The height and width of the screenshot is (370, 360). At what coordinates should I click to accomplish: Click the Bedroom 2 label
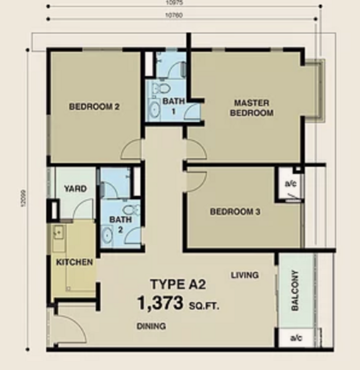[x=94, y=107]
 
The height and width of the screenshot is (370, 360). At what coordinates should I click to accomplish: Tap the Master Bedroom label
[x=252, y=108]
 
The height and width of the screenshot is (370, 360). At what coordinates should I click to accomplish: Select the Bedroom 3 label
[x=235, y=212]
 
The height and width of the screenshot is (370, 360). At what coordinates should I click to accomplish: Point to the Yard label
[x=75, y=189]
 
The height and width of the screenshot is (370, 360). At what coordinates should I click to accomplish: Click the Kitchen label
[x=75, y=262]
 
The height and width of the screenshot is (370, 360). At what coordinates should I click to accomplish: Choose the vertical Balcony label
[x=295, y=290]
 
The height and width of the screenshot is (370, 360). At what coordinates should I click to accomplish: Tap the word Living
[x=245, y=275]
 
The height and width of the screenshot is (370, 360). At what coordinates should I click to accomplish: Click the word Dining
[x=151, y=326]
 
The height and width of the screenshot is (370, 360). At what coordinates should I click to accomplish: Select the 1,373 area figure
[x=160, y=303]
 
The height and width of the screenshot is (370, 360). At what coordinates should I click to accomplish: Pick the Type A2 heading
[x=178, y=284]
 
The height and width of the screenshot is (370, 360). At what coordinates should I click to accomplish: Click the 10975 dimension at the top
[x=174, y=3]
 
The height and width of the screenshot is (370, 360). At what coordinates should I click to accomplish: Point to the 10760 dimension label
[x=174, y=15]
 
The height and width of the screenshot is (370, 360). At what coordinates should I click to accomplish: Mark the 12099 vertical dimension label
[x=23, y=199]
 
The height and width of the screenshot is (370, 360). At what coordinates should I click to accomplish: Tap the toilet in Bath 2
[x=131, y=209]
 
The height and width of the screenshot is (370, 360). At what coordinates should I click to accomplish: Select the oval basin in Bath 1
[x=154, y=110]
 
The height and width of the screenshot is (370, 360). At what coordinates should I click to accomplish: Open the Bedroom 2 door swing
[x=131, y=149]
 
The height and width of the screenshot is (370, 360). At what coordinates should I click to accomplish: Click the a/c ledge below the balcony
[x=297, y=338]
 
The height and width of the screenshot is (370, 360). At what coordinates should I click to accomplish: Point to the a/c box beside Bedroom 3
[x=290, y=184]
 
